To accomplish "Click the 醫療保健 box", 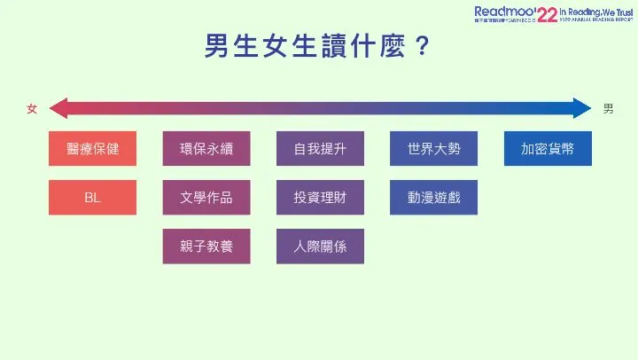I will pos(93,148).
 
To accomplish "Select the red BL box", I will pos(93,197).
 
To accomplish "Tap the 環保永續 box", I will pos(206,148).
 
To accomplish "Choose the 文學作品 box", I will pos(206,197).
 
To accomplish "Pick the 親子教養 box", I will pos(206,246).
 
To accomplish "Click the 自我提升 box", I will pos(320,148).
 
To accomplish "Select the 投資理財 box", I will pos(320,197).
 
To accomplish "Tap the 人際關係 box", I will pos(320,246).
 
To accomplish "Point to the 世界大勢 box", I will pos(434,148).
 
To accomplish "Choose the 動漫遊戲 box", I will pos(434,197).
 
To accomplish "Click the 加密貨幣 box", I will pos(548,148).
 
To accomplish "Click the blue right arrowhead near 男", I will pos(582,108).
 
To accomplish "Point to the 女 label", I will pos(32,108).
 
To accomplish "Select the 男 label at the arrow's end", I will pos(608,108).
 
